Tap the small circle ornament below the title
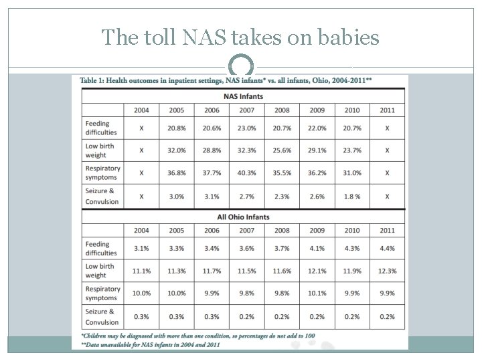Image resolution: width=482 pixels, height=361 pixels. coord(240,66)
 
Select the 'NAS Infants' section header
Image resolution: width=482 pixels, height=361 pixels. coord(244,96)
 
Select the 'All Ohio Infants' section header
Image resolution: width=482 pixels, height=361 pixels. coord(244,216)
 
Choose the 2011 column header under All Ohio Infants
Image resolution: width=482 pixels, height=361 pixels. coord(387,230)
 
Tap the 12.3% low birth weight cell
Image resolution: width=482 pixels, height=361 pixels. coord(387,271)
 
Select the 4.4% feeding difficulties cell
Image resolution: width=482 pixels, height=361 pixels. coord(387,249)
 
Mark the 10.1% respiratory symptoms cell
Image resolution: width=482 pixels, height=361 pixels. coord(316,293)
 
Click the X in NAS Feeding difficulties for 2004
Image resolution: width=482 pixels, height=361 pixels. coord(141,128)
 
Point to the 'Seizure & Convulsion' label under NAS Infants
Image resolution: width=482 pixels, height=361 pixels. coord(102,195)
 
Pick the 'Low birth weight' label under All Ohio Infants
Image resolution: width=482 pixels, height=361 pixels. coord(100,271)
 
